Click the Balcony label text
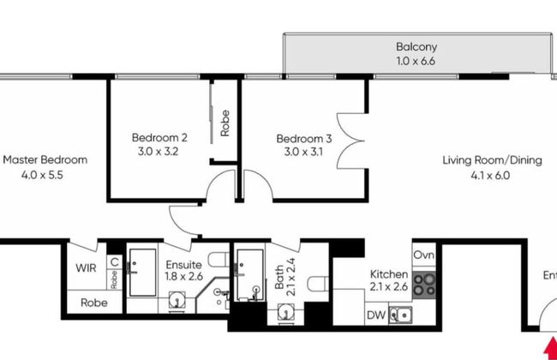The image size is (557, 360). point(416,47)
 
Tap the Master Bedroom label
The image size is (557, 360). point(45,159)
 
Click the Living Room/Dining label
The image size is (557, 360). point(492,159)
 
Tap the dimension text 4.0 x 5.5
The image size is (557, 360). point(45,174)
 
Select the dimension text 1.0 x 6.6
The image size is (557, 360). point(416,62)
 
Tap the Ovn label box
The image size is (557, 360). point(424,255)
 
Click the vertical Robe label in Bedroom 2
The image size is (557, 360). point(225,124)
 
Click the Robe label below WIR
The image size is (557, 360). point(94,303)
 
